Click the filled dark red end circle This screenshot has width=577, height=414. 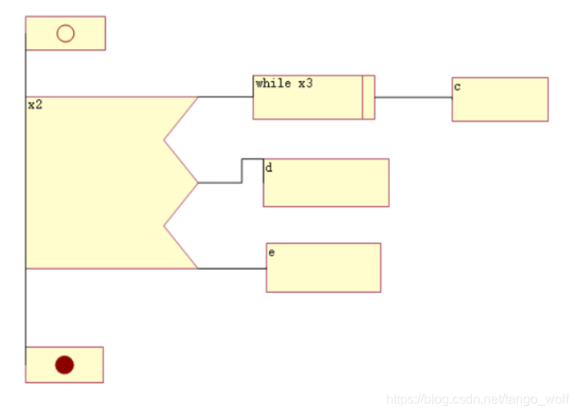pos(65,365)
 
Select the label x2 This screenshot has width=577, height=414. pos(35,105)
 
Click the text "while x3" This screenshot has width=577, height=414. pos(284,83)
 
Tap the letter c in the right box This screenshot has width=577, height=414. pos(457,87)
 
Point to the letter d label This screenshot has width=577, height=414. pos(269,168)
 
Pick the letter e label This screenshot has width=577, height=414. pos(271,253)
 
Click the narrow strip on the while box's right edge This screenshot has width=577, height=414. pos(369,97)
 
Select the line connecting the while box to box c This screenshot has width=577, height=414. pos(414,97)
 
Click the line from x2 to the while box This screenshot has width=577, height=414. pos(225,97)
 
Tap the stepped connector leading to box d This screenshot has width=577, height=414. pos(242,171)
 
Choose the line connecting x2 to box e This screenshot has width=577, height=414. pos(232,268)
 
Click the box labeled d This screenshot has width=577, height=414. pos(326,182)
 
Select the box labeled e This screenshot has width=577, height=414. pos(324,268)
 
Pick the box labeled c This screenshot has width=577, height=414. pos(500,99)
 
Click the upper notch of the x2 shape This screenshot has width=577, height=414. pos(164,140)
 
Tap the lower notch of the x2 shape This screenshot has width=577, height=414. pos(164,226)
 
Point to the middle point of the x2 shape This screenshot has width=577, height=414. pos(198,182)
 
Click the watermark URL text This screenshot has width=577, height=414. pos(478,399)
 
